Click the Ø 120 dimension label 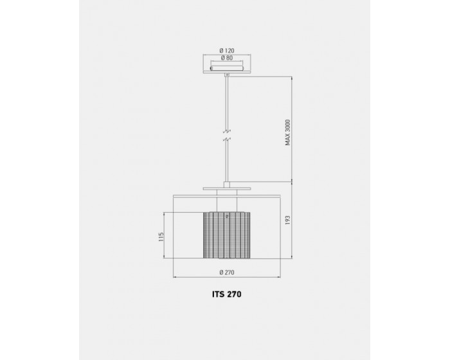point(227,51)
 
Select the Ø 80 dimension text point(227,58)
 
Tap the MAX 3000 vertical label point(288,132)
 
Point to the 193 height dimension point(288,221)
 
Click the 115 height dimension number point(161,237)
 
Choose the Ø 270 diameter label point(227,273)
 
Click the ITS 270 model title point(227,294)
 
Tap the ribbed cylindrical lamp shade point(227,235)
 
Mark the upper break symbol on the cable point(227,132)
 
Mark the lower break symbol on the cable point(227,139)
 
